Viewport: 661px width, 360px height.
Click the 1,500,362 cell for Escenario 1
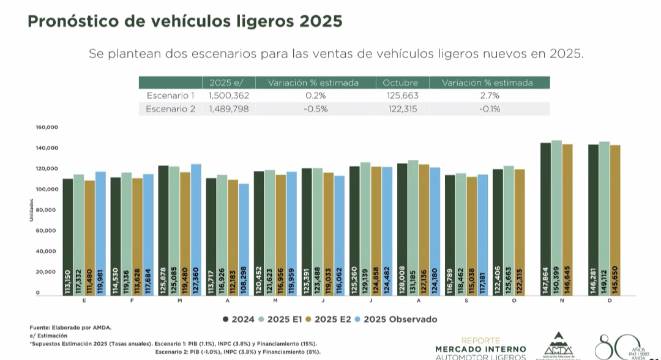(229, 96)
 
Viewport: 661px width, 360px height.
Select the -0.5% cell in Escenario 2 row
(316, 109)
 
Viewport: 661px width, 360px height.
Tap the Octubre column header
(400, 83)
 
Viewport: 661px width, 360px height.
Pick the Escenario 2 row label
(171, 109)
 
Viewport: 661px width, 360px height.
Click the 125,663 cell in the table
(400, 96)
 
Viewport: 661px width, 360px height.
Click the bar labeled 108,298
(244, 239)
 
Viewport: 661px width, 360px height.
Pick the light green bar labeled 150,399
(556, 217)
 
